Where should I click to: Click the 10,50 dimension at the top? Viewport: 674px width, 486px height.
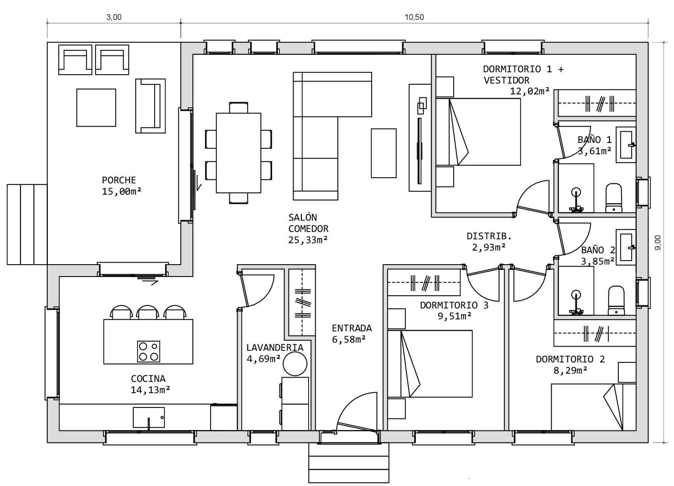click(414, 17)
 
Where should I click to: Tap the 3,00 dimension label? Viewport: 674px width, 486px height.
click(114, 17)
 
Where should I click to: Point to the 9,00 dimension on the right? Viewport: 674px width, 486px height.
click(658, 242)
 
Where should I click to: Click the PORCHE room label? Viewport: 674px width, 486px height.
click(119, 180)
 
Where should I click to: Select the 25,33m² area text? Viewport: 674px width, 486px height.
click(308, 240)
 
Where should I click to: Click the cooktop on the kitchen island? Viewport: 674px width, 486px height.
click(148, 351)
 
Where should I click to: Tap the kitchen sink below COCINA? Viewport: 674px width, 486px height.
click(149, 418)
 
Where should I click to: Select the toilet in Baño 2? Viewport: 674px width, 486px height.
click(616, 300)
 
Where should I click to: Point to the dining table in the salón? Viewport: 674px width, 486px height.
click(239, 153)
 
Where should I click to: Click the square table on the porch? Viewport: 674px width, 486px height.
click(96, 108)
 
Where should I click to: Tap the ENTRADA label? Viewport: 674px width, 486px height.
click(352, 328)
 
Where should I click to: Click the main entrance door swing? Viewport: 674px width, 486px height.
click(356, 412)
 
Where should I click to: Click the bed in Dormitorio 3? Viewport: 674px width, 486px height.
click(430, 364)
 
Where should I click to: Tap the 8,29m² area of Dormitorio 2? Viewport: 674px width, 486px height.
click(570, 371)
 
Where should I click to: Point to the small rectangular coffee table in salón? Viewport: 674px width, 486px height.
click(384, 153)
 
